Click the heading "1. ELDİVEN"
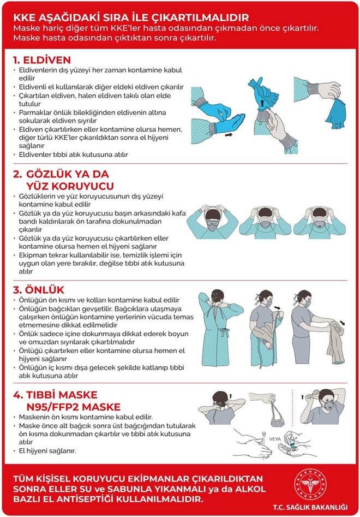42,60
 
